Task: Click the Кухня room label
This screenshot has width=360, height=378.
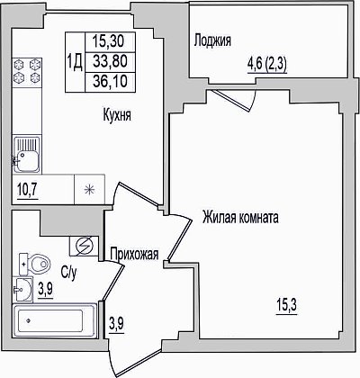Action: click(x=117, y=115)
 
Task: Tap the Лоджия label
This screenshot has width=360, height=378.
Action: click(x=212, y=40)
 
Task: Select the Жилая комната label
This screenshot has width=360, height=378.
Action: click(x=240, y=217)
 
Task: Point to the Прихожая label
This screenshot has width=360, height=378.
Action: click(x=134, y=254)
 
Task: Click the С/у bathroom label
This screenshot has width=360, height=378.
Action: click(x=69, y=272)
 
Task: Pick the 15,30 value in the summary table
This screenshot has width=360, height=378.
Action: click(x=109, y=41)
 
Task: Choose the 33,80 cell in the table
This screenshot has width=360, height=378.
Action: click(x=110, y=61)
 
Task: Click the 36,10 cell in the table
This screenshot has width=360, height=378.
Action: click(x=110, y=81)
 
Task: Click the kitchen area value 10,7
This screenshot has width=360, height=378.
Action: click(x=28, y=190)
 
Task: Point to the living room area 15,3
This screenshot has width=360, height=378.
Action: click(x=286, y=306)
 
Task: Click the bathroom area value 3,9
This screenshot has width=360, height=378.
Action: click(x=46, y=290)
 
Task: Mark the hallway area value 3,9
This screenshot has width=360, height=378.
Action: click(x=116, y=324)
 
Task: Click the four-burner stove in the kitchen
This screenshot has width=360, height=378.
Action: click(x=27, y=70)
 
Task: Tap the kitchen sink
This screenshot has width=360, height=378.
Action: click(x=26, y=155)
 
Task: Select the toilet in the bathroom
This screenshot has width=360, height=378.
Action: click(x=34, y=264)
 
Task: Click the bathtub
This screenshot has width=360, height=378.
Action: click(x=54, y=320)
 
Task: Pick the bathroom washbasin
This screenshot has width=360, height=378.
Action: click(x=22, y=289)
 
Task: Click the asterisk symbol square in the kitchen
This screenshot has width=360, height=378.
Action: click(x=89, y=190)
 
